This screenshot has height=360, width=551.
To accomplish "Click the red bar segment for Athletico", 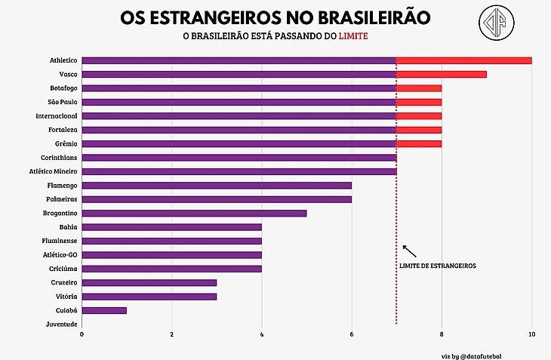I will tap(463, 60).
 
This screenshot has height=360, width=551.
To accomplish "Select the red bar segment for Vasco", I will tap(442, 74).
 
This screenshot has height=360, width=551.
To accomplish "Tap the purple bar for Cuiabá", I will tap(104, 310).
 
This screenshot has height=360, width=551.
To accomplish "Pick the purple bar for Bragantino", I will tap(194, 213).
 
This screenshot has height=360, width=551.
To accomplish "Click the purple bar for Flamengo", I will tap(217, 185).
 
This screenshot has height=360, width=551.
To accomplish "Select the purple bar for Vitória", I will tap(149, 297).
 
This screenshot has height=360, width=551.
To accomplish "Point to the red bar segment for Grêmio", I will tap(419, 143).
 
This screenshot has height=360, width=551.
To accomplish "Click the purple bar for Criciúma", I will tap(171, 269).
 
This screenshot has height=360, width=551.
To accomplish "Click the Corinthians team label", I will tap(58, 158).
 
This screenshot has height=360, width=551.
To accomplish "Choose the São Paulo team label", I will tap(61, 102).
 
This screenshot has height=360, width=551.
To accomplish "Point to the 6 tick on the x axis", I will tap(352, 334).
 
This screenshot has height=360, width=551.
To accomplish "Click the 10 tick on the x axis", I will tap(531, 334).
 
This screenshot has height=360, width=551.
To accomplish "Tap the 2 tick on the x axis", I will tap(172, 334).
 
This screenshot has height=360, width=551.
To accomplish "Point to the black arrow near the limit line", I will tap(409, 251).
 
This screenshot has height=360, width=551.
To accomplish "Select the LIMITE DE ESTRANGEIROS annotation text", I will tap(437, 266).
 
